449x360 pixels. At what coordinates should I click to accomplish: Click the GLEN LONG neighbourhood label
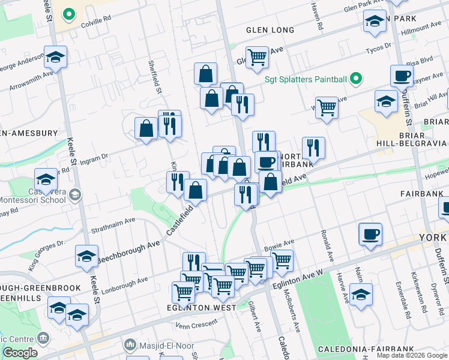click(270, 30)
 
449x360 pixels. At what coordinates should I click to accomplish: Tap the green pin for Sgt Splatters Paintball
click(356, 79)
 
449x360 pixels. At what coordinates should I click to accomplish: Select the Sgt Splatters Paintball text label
click(306, 79)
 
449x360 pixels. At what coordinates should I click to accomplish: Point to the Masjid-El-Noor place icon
click(129, 345)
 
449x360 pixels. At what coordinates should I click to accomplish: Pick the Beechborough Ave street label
click(129, 251)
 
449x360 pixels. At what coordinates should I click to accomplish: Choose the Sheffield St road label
click(155, 76)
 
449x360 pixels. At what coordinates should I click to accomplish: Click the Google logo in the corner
click(19, 352)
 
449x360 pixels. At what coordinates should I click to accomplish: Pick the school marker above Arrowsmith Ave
click(55, 57)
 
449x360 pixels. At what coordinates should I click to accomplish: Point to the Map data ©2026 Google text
click(412, 355)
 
